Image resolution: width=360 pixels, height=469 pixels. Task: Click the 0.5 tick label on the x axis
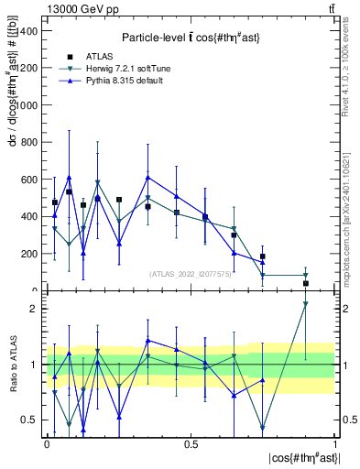[191, 444]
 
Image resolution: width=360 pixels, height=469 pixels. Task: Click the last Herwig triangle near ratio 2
[306, 304]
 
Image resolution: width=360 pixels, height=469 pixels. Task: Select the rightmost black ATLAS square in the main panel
[306, 283]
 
